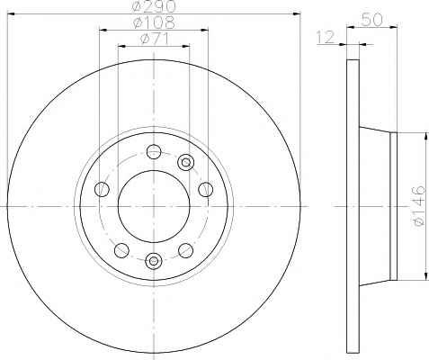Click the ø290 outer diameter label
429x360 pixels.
154,6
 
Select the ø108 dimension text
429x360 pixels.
154,22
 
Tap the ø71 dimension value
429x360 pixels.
155,39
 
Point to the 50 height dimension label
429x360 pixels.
372,20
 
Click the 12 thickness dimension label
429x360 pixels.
326,37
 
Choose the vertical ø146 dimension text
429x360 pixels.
418,205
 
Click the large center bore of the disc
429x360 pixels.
154,206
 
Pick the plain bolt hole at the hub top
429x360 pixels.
154,151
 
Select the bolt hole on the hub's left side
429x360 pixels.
102,189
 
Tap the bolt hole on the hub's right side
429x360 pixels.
206,189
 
